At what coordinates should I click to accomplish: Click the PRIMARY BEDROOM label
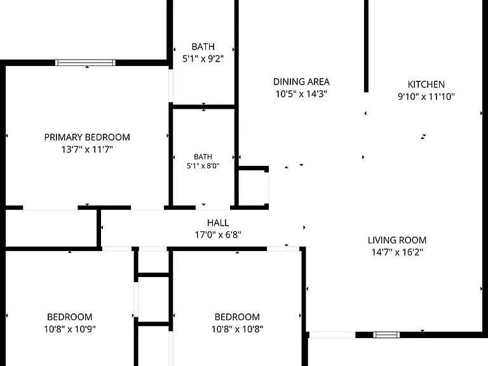(87, 137)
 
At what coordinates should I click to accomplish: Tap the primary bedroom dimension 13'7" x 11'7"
(87, 149)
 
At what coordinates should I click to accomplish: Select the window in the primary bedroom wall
(85, 62)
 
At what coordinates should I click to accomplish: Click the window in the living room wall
(386, 335)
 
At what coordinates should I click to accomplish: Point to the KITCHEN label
(426, 85)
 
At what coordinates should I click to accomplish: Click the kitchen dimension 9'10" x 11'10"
(426, 97)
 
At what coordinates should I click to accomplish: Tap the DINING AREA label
(301, 82)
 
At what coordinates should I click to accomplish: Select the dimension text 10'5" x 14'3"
(301, 93)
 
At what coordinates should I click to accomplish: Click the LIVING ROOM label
(397, 240)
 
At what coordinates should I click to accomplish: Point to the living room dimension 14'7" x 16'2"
(397, 252)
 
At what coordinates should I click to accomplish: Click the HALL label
(218, 223)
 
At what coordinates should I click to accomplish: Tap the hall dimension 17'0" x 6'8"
(218, 234)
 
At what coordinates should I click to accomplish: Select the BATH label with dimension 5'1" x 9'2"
(203, 46)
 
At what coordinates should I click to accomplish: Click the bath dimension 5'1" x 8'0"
(203, 166)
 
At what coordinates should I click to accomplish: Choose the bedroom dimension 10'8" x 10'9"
(70, 329)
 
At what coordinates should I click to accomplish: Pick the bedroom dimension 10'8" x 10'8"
(237, 329)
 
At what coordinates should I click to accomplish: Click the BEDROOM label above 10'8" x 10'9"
(70, 317)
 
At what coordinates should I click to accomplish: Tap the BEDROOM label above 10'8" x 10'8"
(237, 317)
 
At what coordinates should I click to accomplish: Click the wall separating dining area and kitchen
(366, 46)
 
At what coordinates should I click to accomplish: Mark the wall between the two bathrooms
(203, 107)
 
